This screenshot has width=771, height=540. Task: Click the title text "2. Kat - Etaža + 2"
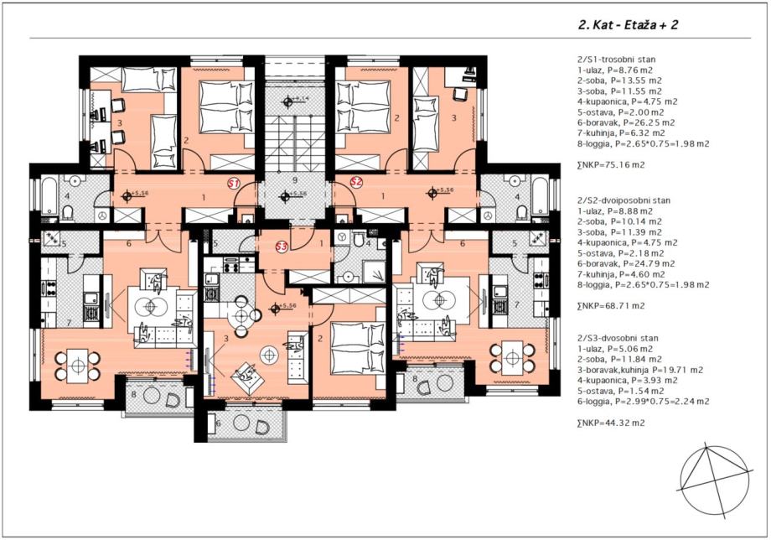point(628,26)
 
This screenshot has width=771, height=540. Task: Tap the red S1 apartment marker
point(235,183)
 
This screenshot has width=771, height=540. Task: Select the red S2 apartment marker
point(356,182)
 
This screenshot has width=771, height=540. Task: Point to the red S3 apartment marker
point(282,247)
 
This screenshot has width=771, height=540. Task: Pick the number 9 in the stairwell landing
point(294,180)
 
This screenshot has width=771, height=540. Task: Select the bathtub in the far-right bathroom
point(541,195)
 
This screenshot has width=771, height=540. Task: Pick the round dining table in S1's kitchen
point(77,366)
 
